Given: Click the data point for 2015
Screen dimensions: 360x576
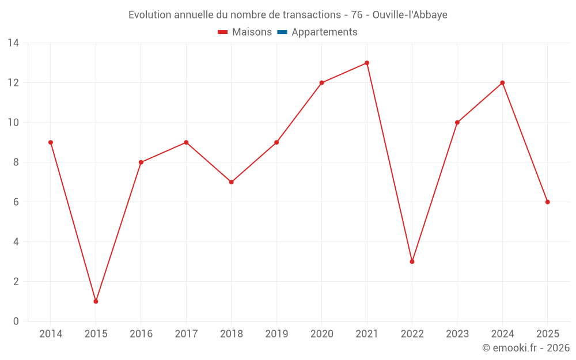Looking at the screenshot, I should tap(96, 301).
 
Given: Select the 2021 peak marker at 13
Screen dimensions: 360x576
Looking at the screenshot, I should tap(367, 63).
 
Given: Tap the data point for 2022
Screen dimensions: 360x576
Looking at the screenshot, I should tap(412, 262).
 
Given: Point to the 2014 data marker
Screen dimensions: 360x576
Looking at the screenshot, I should tap(51, 142).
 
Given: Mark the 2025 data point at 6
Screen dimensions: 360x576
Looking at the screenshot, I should tap(547, 202).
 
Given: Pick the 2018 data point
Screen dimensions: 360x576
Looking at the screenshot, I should tap(232, 182).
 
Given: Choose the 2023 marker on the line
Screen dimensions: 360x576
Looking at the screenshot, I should tap(457, 123).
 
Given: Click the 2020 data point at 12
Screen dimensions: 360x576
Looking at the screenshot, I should tap(321, 83).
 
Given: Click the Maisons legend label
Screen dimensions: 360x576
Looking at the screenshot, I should tap(252, 32).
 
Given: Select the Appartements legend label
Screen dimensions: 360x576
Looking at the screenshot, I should tap(324, 32).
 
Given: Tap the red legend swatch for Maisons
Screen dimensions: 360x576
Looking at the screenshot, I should tap(223, 32).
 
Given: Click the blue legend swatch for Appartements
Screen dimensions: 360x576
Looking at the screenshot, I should tap(282, 32).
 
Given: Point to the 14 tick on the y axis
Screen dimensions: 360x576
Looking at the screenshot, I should tap(13, 43).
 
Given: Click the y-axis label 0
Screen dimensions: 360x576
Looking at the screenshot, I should tap(16, 321).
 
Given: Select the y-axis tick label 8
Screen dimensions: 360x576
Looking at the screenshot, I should tap(16, 162).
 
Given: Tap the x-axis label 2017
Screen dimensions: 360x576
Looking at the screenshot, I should tap(186, 334).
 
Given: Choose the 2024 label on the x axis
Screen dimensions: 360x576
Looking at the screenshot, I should tap(502, 334).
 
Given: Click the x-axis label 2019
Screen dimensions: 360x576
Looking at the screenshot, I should tap(276, 334).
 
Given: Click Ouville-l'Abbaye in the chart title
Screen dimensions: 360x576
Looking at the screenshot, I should tap(410, 15).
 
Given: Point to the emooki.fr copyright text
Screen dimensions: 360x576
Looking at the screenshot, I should tap(526, 348).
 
